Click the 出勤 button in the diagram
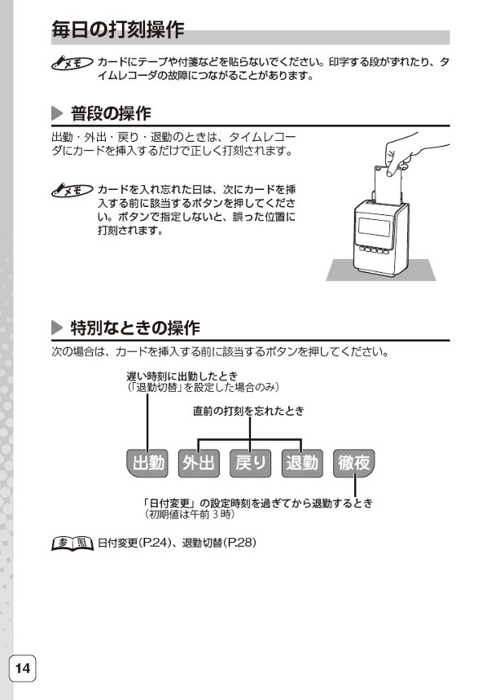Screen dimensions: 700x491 point(147,463)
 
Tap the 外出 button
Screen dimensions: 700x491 point(199,463)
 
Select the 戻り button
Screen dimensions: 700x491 point(251,463)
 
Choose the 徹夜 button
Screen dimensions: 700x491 point(354,463)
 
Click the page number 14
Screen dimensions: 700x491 point(22,669)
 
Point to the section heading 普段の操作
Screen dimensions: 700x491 point(111,112)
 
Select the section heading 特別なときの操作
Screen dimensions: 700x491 point(134,328)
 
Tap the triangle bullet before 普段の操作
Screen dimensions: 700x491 point(57,112)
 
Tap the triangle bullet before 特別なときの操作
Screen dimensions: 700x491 point(57,328)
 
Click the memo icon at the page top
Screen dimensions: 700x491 point(70,63)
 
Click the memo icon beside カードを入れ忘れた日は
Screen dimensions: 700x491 point(70,189)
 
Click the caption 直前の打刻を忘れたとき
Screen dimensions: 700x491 point(248,411)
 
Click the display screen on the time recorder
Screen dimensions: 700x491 point(379,222)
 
